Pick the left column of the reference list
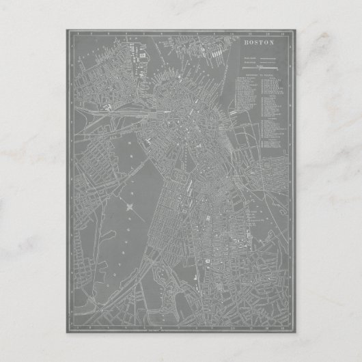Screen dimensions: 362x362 click(x=244, y=102)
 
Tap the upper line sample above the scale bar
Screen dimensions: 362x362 click(x=264, y=60)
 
